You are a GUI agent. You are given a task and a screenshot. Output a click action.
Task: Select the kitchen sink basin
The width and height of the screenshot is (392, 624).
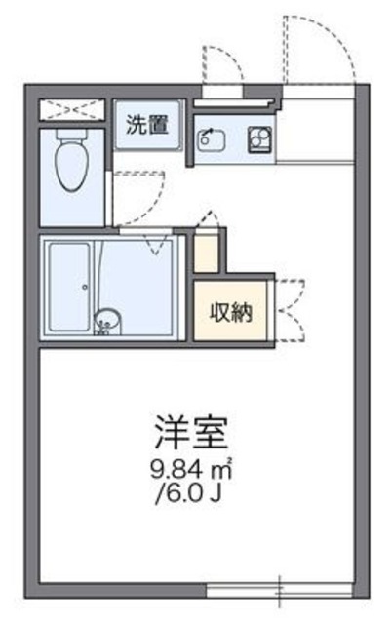coord(211,140)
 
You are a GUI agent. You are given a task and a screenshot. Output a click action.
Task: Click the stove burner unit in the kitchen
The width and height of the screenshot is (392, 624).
coord(258,139)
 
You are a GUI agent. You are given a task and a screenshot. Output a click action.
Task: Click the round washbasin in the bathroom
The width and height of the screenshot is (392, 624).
coord(108,318)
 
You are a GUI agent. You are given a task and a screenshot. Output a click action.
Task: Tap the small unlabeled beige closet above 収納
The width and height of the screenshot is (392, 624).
coord(206,253)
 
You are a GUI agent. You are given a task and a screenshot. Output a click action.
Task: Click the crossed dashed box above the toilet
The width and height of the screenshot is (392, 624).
coord(72,108)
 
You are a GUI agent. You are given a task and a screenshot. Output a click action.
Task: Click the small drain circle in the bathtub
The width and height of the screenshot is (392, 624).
coord(83,287)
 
